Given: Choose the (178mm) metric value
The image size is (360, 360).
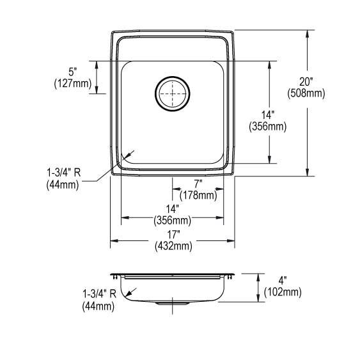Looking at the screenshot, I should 198,194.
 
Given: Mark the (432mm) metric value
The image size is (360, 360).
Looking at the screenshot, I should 173,246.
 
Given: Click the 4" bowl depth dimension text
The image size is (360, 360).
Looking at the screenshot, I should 283,281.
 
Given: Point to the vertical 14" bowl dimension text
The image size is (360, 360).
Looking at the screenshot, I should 267,116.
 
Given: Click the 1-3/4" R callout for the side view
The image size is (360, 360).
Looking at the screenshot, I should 98,295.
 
